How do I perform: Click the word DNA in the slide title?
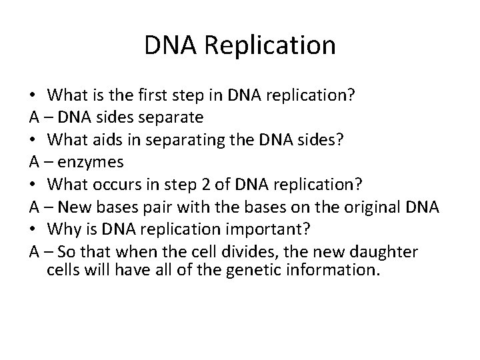coord(166,45)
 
